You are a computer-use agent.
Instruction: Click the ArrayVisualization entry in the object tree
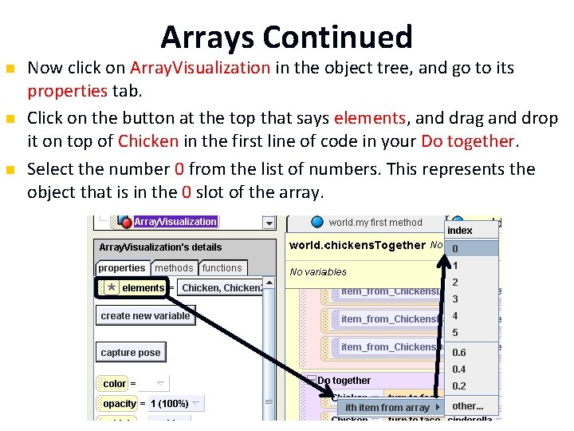coord(175,222)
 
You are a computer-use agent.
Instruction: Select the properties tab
coord(122,268)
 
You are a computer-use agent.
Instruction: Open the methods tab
coord(174,268)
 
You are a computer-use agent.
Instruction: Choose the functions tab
coord(222,268)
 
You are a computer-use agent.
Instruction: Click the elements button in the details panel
coord(142,288)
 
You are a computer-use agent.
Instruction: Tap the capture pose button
coord(131,353)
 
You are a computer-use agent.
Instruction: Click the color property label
coord(115,384)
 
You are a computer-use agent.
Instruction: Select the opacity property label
coord(120,404)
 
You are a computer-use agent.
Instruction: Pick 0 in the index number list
coord(455,248)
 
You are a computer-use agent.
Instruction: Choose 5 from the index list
coord(455,333)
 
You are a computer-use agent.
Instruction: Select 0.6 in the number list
coord(459,353)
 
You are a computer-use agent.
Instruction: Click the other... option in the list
coord(468,405)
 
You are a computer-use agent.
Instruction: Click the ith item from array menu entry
coord(388,408)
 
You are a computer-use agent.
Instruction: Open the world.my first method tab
coord(375,223)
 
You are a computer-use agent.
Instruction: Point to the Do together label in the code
coord(344,381)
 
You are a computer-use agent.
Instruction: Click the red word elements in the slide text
coord(370,119)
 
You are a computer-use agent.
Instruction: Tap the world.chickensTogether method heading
coord(356,245)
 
